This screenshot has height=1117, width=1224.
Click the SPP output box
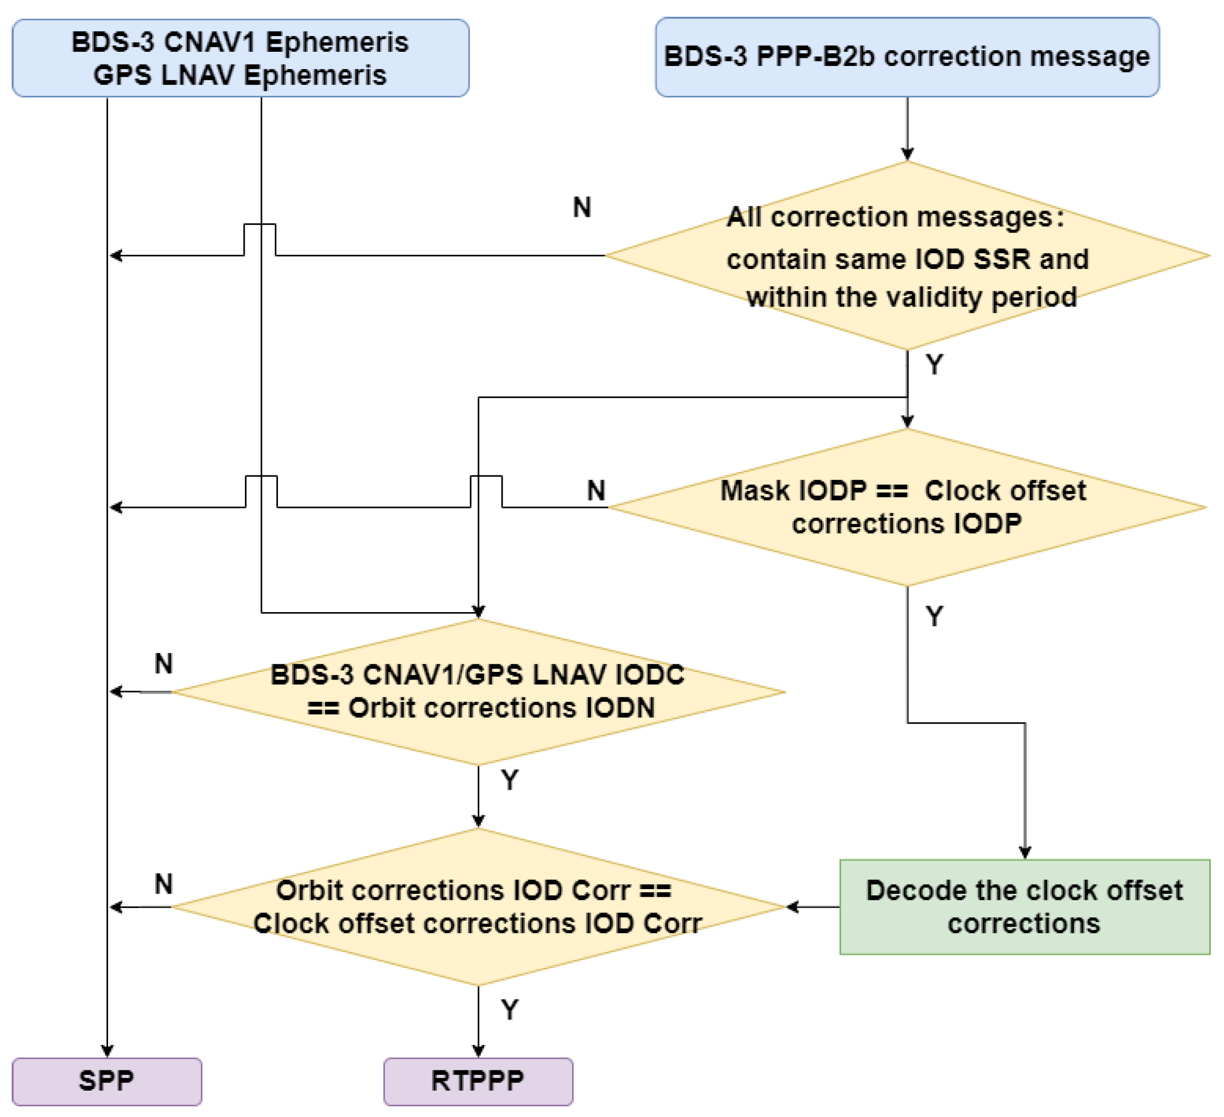[x=107, y=1081]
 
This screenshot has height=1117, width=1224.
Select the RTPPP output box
[x=478, y=1081]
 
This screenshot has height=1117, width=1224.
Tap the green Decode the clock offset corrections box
[x=1024, y=907]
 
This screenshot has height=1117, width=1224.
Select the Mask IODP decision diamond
[x=907, y=507]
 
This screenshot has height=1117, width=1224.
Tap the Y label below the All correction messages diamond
[x=934, y=365]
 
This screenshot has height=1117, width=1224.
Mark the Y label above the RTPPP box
[x=510, y=1010]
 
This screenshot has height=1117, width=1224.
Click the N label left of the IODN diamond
[x=164, y=663]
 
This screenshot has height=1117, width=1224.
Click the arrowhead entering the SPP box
[x=107, y=1052]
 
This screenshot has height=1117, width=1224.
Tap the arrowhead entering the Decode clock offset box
[x=1025, y=853]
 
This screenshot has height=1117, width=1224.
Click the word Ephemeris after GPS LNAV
[x=314, y=75]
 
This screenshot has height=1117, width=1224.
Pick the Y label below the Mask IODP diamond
[x=934, y=617]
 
